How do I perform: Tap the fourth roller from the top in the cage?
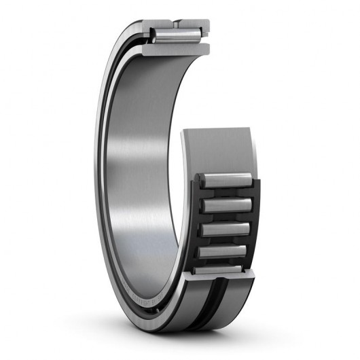tap(224, 251)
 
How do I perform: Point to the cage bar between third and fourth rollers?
tap(224, 240)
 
